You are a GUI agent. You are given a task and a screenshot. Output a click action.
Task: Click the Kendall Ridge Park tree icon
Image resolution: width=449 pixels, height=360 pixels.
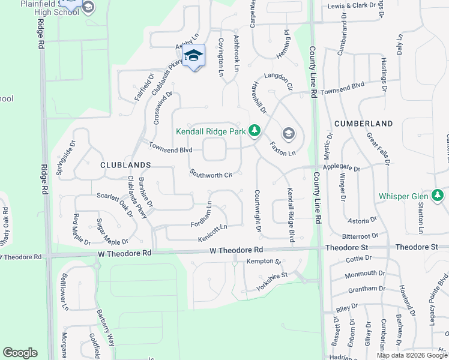(x=255, y=130)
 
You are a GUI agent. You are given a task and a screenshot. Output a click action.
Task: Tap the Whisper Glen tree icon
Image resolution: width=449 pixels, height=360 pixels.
(x=438, y=196)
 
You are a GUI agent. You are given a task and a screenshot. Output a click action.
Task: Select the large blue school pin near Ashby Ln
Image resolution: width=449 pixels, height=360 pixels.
(x=193, y=56)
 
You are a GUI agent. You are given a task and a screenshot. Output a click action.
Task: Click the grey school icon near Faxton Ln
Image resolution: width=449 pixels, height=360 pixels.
(x=288, y=133)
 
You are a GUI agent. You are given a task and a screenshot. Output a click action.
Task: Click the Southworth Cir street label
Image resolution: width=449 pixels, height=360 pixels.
(x=211, y=174)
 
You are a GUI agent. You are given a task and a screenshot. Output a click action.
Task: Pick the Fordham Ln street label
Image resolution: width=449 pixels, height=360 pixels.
(x=202, y=214)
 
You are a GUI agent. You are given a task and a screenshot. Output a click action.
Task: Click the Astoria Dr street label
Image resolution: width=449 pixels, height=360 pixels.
(x=363, y=220)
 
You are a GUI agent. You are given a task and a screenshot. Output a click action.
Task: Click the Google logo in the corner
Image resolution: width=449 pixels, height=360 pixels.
(x=20, y=353)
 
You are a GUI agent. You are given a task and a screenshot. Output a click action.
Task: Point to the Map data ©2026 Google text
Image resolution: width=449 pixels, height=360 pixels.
(x=412, y=355)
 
